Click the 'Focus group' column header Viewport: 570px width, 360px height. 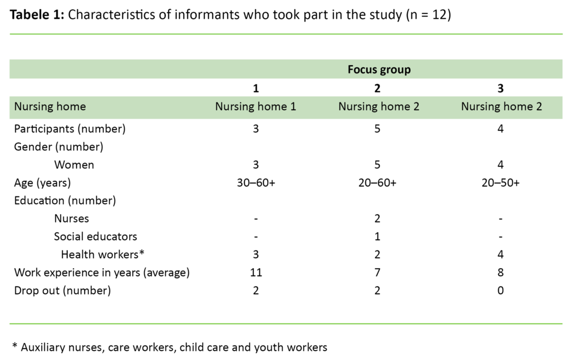tap(379, 70)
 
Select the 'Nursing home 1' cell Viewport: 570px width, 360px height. tap(255, 107)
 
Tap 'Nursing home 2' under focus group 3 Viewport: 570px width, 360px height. tap(501, 107)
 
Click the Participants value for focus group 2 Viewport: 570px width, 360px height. tap(379, 129)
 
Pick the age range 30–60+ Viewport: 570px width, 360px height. tap(255, 183)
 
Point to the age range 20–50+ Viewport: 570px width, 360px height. tap(501, 183)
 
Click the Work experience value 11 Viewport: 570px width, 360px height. tap(255, 273)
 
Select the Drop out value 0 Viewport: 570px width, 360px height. tap(501, 290)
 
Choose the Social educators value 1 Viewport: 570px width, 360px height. tap(379, 236)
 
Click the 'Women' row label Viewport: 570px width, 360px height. tap(74, 165)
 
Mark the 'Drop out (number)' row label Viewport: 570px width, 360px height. tap(62, 290)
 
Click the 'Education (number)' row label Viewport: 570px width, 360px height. tap(65, 201)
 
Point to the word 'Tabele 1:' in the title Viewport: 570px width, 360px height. tap(37, 15)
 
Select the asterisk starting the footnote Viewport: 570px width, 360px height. tap(14, 346)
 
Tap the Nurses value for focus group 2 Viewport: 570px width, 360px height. tap(379, 219)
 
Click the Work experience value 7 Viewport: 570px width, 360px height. tap(379, 273)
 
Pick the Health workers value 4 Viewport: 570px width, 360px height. tap(501, 255)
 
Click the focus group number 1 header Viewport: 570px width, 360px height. tap(255, 88)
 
